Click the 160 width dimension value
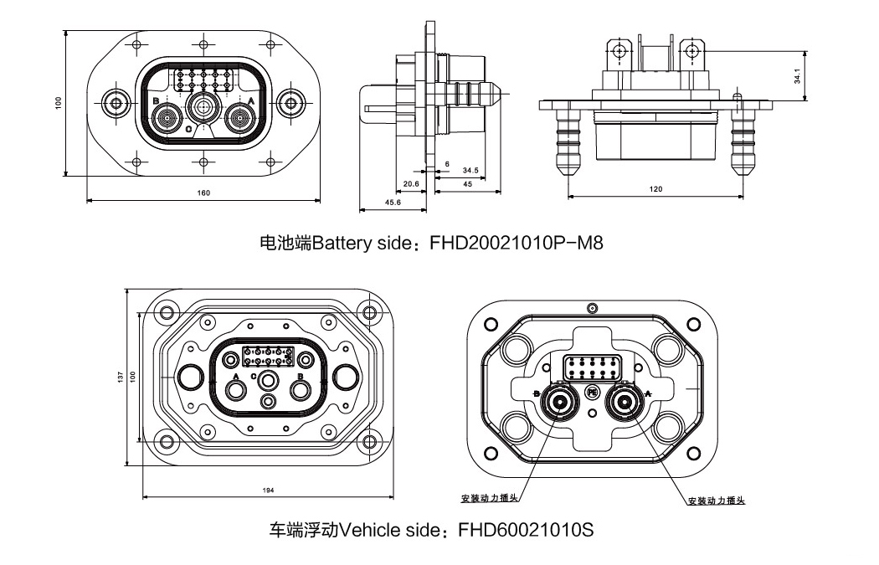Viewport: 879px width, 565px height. point(203,193)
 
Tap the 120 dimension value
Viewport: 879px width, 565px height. point(655,189)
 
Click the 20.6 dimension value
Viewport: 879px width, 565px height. point(410,182)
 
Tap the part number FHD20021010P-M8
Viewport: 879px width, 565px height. point(516,244)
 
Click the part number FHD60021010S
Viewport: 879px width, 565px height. point(526,531)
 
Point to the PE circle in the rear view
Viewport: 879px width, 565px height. point(592,391)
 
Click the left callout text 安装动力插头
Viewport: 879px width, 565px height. point(490,498)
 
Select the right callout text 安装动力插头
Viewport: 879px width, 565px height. point(716,501)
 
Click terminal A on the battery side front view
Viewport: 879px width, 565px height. point(240,119)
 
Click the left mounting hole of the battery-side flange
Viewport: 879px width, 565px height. point(115,104)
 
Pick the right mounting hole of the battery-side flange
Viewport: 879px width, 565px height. point(291,104)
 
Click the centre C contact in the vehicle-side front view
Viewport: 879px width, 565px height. point(268,382)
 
